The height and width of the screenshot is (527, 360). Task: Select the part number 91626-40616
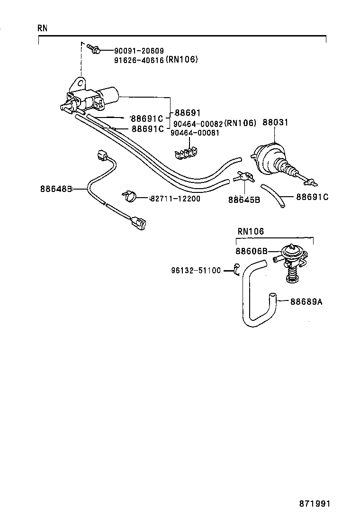coord(139,60)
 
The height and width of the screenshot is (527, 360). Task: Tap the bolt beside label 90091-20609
coord(92,48)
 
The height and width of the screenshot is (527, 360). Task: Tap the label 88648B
coord(55,189)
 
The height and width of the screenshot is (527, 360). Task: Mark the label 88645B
coord(244,200)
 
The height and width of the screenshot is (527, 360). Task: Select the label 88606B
coord(252,251)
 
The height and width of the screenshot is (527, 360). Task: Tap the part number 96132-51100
coord(196,271)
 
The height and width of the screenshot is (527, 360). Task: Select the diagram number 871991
coord(314,503)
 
